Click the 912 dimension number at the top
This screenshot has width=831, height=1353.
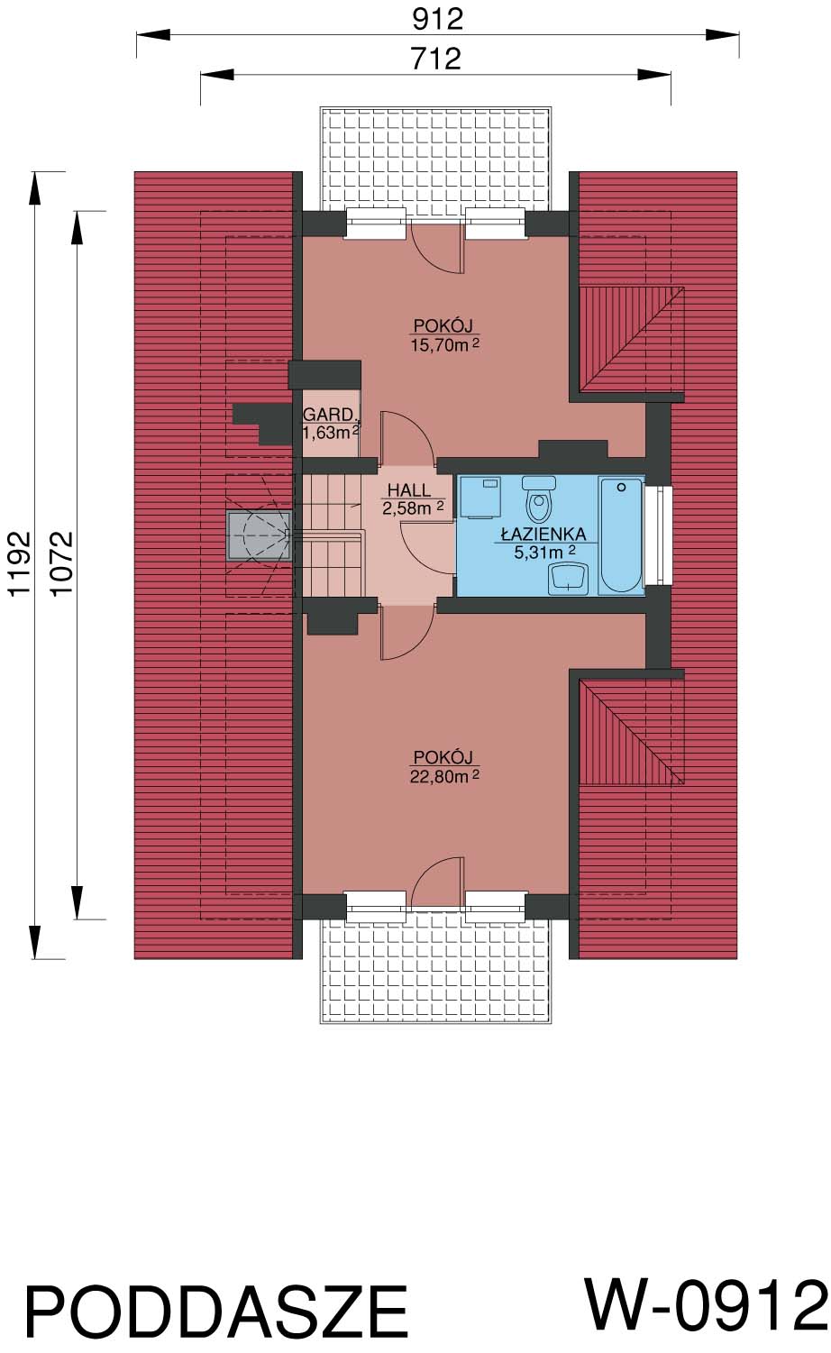tap(437, 19)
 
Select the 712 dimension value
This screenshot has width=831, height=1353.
tap(435, 59)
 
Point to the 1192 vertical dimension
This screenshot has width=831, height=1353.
tap(19, 563)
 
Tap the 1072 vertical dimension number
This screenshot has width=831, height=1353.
tap(61, 563)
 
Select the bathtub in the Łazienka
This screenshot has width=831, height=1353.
tap(621, 535)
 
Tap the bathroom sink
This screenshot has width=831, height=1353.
tap(568, 578)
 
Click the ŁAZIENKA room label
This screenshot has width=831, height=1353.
tap(543, 534)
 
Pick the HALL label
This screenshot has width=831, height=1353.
tap(409, 489)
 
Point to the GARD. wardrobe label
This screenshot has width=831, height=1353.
tap(330, 415)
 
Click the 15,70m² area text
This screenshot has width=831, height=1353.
tap(445, 345)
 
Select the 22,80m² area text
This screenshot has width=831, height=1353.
tap(445, 776)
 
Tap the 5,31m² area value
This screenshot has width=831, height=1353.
tap(544, 552)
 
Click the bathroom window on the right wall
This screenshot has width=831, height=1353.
tap(658, 535)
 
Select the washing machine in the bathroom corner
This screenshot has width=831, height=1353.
tap(480, 497)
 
